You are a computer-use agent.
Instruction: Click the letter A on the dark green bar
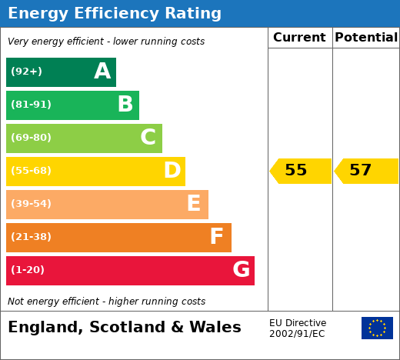pyautogui.click(x=102, y=71)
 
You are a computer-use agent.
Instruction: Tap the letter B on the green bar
pyautogui.click(x=125, y=104)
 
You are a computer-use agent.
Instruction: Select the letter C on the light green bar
pyautogui.click(x=148, y=137)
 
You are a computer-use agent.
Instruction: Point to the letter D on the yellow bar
pyautogui.click(x=172, y=170)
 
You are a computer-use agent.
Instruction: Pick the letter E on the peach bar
pyautogui.click(x=194, y=203)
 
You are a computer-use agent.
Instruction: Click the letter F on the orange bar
pyautogui.click(x=217, y=236)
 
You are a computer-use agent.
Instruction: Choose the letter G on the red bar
pyautogui.click(x=242, y=269)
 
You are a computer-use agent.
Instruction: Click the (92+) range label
pyautogui.click(x=26, y=72)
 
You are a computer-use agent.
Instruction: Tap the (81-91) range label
pyautogui.click(x=31, y=105)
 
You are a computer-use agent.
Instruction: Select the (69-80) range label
pyautogui.click(x=31, y=138)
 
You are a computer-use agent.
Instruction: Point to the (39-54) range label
pyautogui.click(x=31, y=204)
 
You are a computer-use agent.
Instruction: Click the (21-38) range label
pyautogui.click(x=31, y=237)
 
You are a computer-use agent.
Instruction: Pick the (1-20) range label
pyautogui.click(x=28, y=270)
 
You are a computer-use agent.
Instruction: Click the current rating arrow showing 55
pyautogui.click(x=300, y=171)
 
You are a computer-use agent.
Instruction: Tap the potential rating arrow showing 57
pyautogui.click(x=366, y=171)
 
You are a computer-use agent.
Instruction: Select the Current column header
pyautogui.click(x=299, y=38)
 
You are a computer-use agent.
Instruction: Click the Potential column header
pyautogui.click(x=366, y=38)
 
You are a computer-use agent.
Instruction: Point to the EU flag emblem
pyautogui.click(x=377, y=328)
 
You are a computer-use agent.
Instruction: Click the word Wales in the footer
pyautogui.click(x=215, y=327)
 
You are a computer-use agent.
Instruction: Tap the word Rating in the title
pyautogui.click(x=193, y=13)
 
